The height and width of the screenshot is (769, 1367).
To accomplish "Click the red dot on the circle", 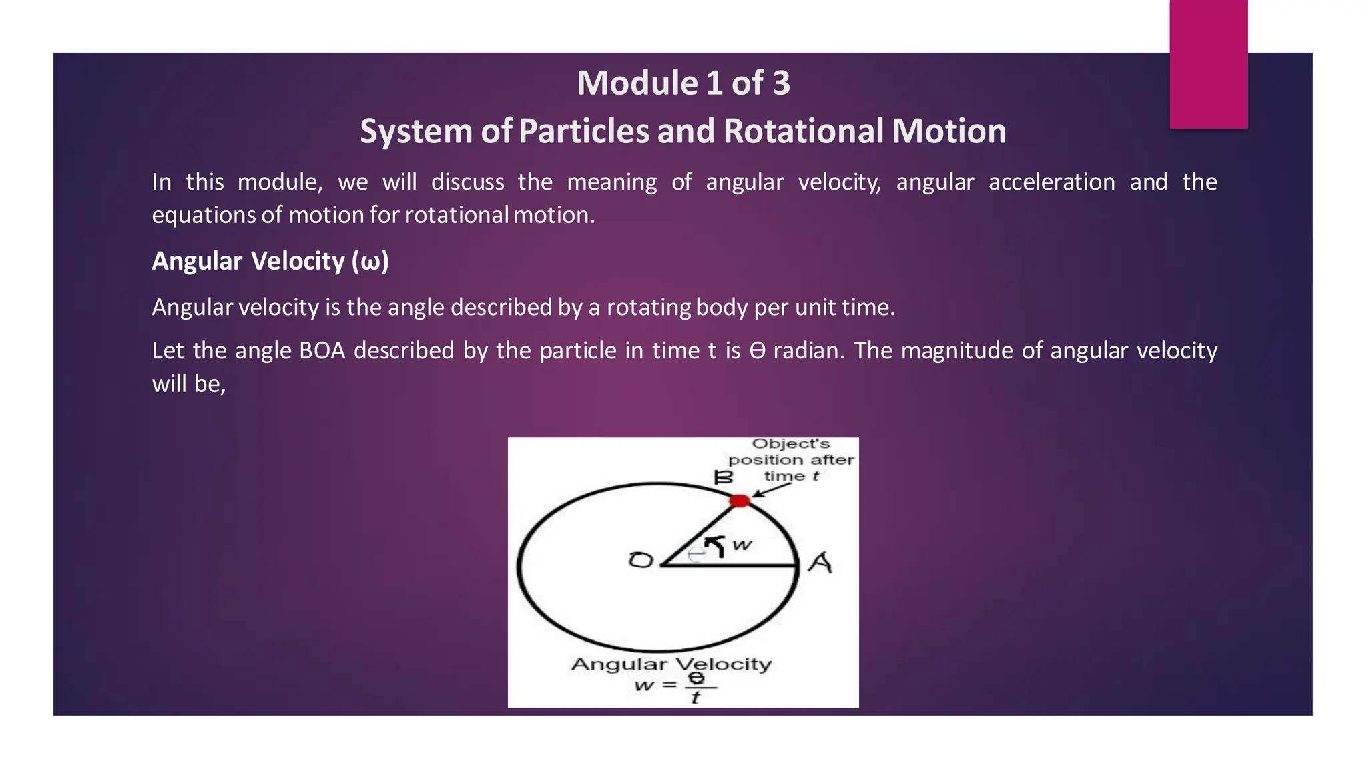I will coord(739,501).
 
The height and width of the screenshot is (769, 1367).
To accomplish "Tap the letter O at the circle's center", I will coord(641,560).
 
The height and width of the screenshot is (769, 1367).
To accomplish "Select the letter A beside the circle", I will coord(820,563).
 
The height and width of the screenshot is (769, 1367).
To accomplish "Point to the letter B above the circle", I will coord(724,477).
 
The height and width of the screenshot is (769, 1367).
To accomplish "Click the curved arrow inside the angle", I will coord(716,545).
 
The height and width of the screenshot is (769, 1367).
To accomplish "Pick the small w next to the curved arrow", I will coord(742,545).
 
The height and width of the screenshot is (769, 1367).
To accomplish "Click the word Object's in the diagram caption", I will coord(790,444).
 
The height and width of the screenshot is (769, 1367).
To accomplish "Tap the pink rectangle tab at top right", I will coord(1208,64).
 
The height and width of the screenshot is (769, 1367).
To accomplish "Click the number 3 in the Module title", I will coord(781,83).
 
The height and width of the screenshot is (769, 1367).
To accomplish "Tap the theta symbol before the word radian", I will coord(757,350).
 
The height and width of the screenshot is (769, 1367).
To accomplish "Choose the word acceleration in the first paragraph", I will coord(1051,182).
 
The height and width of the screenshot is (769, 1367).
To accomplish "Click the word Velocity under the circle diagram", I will coord(722,664).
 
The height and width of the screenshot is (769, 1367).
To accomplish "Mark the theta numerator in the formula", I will coord(696,678).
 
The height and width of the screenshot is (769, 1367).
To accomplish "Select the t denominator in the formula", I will coord(696,698).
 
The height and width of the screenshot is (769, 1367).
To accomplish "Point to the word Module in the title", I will coord(637,83).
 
